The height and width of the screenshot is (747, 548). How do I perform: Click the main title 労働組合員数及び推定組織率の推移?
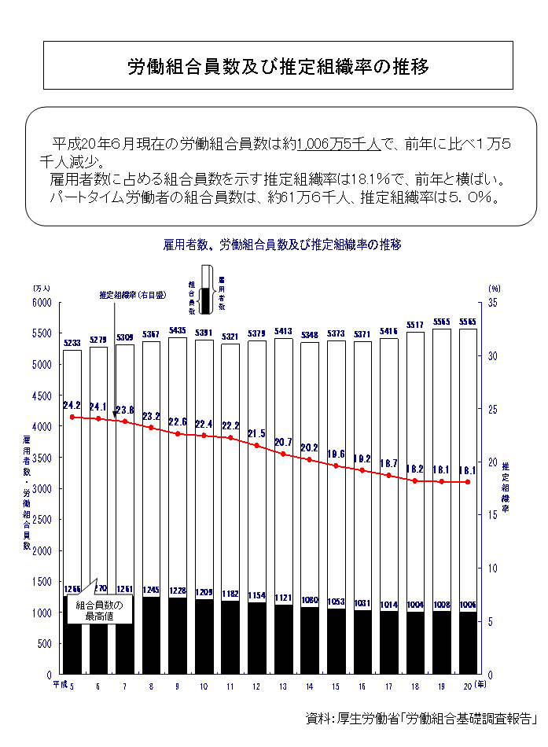point(278,66)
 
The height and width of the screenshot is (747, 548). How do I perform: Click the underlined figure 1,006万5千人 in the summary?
point(339,145)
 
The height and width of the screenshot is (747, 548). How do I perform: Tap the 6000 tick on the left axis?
point(41,303)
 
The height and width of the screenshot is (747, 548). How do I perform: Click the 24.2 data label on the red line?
point(72,406)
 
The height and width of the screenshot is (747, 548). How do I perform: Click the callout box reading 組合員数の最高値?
point(99,610)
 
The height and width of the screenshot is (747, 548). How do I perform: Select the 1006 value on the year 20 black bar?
point(466,605)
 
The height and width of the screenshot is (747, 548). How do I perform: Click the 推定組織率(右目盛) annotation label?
point(133,295)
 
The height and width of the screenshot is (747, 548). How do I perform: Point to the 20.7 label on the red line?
point(284,442)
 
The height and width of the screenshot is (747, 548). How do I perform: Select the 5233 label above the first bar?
point(72,343)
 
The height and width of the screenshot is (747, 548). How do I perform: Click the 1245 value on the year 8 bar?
point(152,590)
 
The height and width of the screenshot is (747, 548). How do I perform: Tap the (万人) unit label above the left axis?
point(41,289)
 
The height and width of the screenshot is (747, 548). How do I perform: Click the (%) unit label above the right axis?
point(494,289)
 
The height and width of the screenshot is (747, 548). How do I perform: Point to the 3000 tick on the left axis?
point(41,489)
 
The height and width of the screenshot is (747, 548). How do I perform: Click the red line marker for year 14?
point(310,459)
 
